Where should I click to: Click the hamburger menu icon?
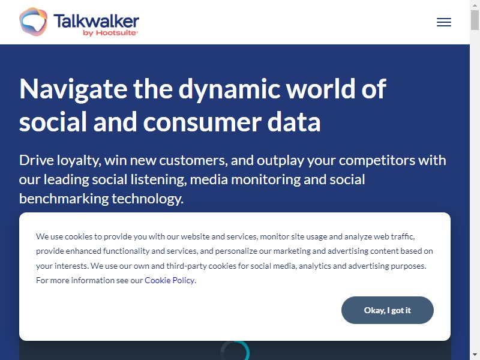point(444,22)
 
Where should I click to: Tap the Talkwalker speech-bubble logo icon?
point(33,22)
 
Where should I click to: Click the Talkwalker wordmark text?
point(96,21)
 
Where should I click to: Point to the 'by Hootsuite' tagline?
point(110,33)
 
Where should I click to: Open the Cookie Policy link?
point(169,280)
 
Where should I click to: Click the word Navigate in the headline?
point(73,89)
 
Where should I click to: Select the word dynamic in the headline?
point(229,89)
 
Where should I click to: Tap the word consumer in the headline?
point(202,122)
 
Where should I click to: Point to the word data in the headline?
point(294,122)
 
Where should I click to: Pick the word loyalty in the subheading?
point(79,160)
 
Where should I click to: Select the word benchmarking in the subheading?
point(64,199)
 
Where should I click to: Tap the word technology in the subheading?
point(148,199)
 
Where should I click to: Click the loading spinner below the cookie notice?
point(235,351)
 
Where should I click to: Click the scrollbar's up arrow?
point(475,5)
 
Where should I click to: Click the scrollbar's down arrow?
point(475,355)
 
